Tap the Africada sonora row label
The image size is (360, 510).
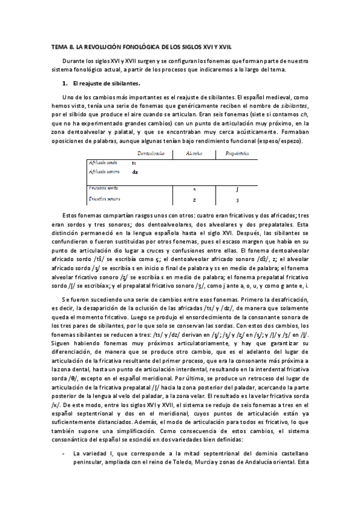coord(104,171)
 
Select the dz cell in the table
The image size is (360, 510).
coord(135,171)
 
